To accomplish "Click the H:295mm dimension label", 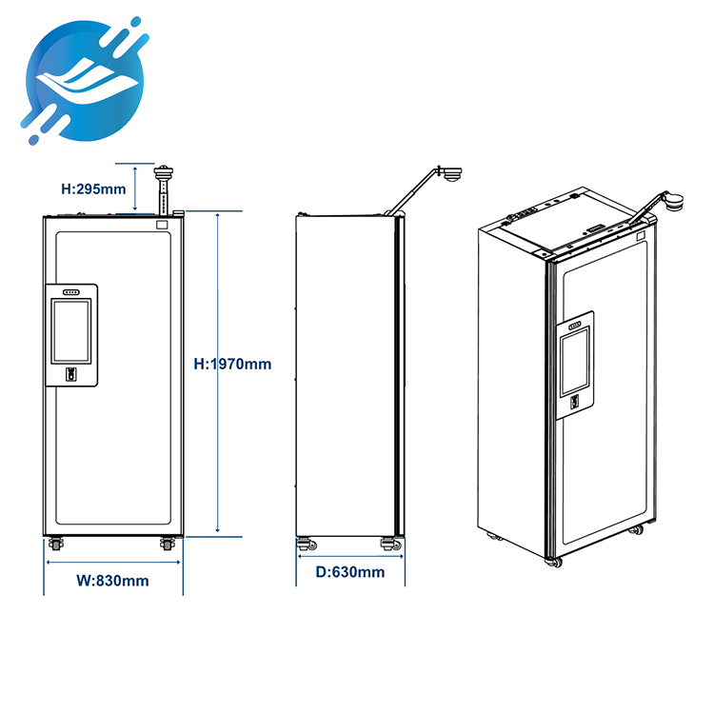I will tap(93, 188).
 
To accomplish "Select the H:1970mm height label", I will tap(233, 364).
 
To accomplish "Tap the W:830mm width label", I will tap(111, 580).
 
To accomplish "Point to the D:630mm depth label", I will tap(350, 572).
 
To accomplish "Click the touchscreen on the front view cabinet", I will tap(71, 329).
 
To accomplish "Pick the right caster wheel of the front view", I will tap(168, 545).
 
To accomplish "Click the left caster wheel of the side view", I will tap(307, 545).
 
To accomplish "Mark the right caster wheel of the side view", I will tap(388, 545).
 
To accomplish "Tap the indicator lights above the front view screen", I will tap(71, 291).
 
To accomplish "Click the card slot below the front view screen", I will tap(71, 374).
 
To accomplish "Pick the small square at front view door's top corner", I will tap(162, 226).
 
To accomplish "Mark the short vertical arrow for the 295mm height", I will tap(138, 188).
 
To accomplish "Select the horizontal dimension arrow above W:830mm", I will tap(113, 561).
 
